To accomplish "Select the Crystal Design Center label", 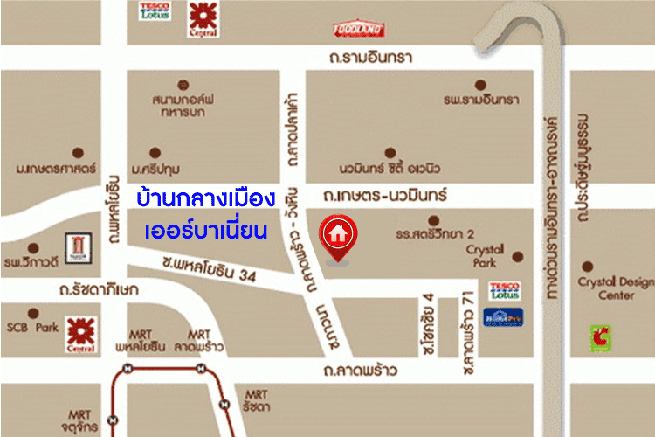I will click(616, 288).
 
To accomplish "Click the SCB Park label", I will click(31, 328).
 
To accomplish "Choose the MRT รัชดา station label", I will click(257, 400).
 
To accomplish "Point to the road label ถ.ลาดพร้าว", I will click(361, 371).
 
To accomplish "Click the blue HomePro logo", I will click(503, 317).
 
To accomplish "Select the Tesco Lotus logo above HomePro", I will click(504, 291).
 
